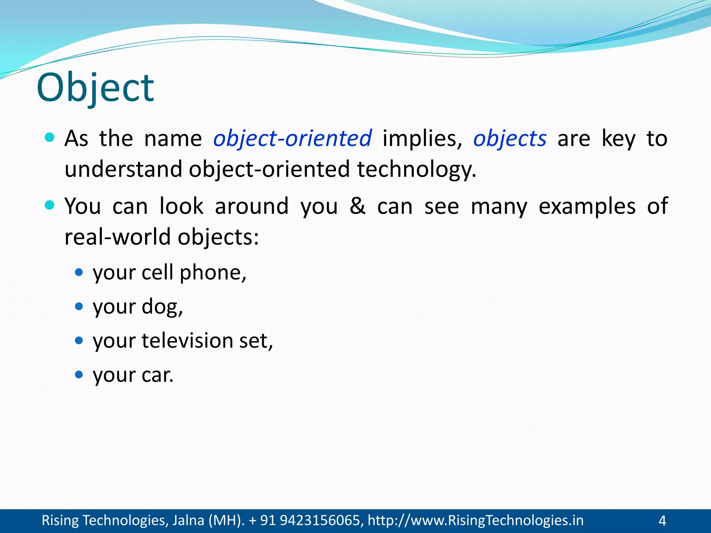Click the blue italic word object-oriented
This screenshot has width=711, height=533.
point(292,138)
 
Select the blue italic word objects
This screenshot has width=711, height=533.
point(510,138)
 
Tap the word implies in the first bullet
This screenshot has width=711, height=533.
point(422,138)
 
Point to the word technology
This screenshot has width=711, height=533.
point(417,169)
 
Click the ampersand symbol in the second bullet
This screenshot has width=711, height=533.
point(357,206)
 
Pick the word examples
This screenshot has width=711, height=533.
point(587,206)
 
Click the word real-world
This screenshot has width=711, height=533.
point(118,237)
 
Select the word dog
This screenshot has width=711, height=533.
point(162,307)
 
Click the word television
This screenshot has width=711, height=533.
point(187,340)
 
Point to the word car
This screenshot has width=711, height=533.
point(157,375)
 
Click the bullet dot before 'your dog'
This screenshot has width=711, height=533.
point(79,306)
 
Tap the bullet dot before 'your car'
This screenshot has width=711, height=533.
point(79,374)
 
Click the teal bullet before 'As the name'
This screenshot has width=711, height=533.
point(50,137)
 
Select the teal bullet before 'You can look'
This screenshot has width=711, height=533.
point(50,205)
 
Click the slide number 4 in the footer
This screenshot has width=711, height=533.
point(662,521)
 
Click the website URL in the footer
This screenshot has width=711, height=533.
point(475,521)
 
